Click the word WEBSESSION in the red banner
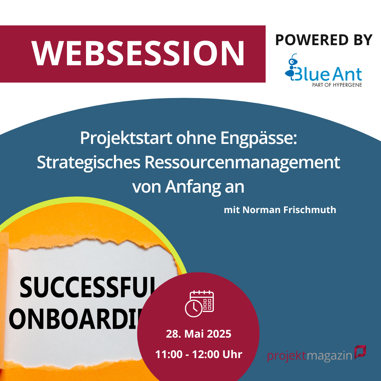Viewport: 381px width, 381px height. pos(138,53)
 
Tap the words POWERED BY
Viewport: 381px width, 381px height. pos(323,40)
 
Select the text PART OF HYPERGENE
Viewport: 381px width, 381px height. pos(337,85)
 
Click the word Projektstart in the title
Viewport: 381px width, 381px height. pos(126,138)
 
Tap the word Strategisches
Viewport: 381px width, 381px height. pos(89,163)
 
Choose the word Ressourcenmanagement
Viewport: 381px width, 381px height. pos(242,163)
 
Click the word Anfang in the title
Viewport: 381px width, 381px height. pos(193,187)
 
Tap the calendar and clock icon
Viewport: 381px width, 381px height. pos(199,303)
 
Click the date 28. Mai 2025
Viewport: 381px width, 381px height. pos(199,334)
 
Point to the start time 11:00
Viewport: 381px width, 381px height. pos(169,354)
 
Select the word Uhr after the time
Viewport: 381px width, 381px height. pos(232,354)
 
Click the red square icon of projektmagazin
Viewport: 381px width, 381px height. pos(360,352)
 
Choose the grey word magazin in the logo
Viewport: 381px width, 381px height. pos(329,356)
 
